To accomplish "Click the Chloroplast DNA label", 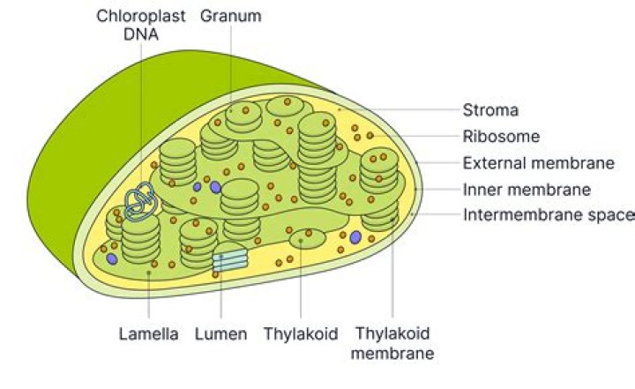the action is (140, 25).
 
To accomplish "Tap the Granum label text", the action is (231, 16).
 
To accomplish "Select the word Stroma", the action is (490, 110).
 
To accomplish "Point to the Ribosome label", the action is (501, 137).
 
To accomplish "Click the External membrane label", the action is (539, 163).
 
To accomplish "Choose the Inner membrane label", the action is (527, 190).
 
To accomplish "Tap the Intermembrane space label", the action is (549, 214).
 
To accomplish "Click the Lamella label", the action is (149, 334).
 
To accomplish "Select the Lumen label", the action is (220, 334).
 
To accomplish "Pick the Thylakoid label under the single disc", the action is (301, 334).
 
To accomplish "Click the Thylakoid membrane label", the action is (392, 344).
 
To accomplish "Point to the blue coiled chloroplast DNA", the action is (139, 201).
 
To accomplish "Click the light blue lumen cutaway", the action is (230, 260).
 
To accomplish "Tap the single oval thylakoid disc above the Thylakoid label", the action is (308, 238).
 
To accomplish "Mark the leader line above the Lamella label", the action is (149, 295).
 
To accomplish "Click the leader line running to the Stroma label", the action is (400, 109).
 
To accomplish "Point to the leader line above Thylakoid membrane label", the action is (392, 268).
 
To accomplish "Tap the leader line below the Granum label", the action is (231, 68).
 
